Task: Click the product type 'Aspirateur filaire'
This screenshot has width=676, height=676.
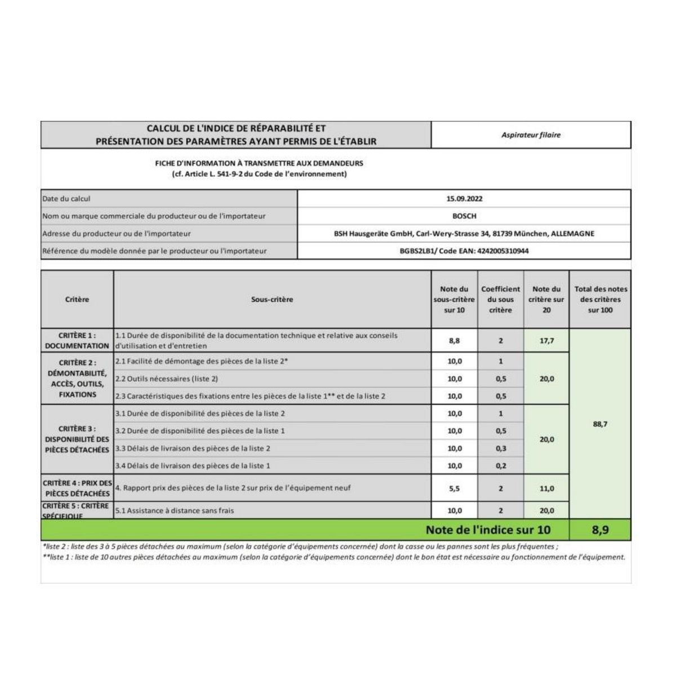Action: pyautogui.click(x=531, y=135)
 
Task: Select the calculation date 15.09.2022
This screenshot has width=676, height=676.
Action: pyautogui.click(x=464, y=199)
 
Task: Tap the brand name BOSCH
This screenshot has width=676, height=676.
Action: pyautogui.click(x=464, y=216)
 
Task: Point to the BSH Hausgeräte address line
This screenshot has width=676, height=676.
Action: pyautogui.click(x=464, y=234)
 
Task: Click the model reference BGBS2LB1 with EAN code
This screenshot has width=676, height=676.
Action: pyautogui.click(x=464, y=251)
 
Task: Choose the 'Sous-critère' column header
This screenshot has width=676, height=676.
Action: pyautogui.click(x=272, y=300)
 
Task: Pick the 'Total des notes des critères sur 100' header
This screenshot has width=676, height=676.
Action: pyautogui.click(x=601, y=300)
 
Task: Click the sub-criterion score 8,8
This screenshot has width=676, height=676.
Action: pyautogui.click(x=455, y=341)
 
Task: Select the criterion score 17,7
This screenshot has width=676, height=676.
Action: pyautogui.click(x=546, y=341)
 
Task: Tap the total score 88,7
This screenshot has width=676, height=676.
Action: pyautogui.click(x=601, y=424)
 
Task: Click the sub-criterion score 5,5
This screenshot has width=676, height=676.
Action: pyautogui.click(x=455, y=488)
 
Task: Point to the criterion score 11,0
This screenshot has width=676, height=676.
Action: pyautogui.click(x=546, y=488)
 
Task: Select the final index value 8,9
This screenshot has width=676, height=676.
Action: pyautogui.click(x=601, y=530)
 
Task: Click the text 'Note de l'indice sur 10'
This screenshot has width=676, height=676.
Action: pyautogui.click(x=488, y=530)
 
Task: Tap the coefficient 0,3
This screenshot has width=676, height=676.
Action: pyautogui.click(x=501, y=448)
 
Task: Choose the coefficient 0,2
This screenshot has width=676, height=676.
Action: pyautogui.click(x=501, y=466)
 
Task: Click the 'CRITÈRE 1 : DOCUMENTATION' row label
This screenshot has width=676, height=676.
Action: pyautogui.click(x=77, y=341)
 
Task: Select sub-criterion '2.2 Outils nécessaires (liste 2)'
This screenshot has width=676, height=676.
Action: pyautogui.click(x=167, y=379)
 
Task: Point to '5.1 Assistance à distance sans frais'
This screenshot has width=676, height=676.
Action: pyautogui.click(x=175, y=511)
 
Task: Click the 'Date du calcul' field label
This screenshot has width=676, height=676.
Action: pyautogui.click(x=66, y=199)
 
